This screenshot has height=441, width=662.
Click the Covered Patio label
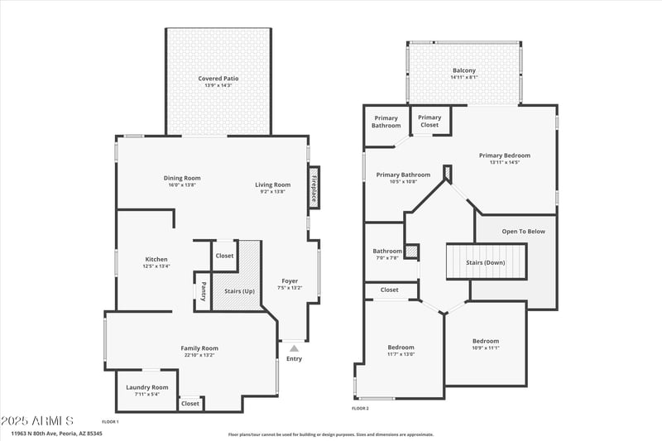(x=218, y=79)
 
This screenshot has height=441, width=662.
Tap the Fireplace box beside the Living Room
(x=314, y=188)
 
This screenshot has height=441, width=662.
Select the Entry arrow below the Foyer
(x=294, y=348)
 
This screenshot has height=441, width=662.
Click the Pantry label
(x=203, y=291)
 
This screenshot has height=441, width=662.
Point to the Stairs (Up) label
(x=240, y=291)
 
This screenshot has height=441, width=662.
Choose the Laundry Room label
(x=147, y=387)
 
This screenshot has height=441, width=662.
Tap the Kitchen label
(x=156, y=259)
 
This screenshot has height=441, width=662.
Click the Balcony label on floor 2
(x=464, y=71)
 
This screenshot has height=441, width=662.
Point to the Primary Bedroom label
(x=504, y=156)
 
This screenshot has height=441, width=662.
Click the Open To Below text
(x=523, y=231)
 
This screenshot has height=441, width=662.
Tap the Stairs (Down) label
(x=486, y=262)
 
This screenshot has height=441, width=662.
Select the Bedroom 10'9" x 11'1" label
(x=486, y=341)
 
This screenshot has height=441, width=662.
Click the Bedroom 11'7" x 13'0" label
(x=401, y=347)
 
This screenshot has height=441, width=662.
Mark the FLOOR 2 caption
(x=360, y=408)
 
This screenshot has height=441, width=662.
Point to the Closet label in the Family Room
(x=190, y=403)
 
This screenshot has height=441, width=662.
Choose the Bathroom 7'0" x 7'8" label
(x=386, y=252)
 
